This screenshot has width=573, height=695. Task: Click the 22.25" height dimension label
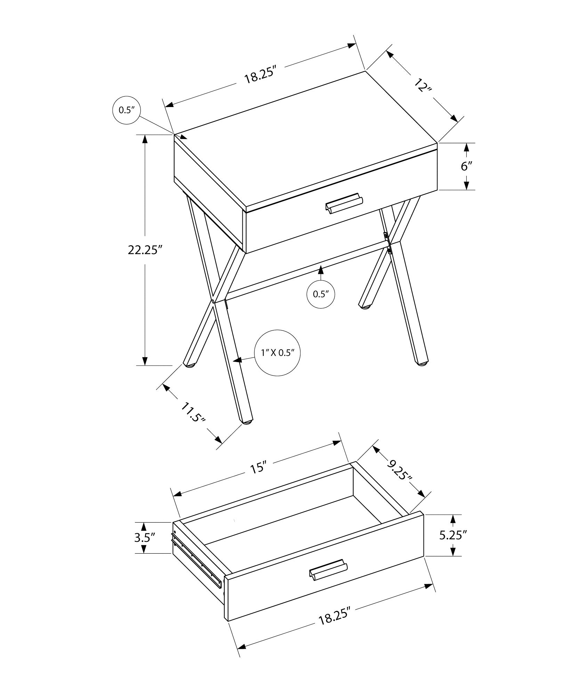coord(145,250)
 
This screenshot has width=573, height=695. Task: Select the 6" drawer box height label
coord(467,166)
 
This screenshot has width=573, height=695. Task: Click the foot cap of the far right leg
coord(422,364)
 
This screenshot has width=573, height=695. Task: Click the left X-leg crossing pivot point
coord(212,301)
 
